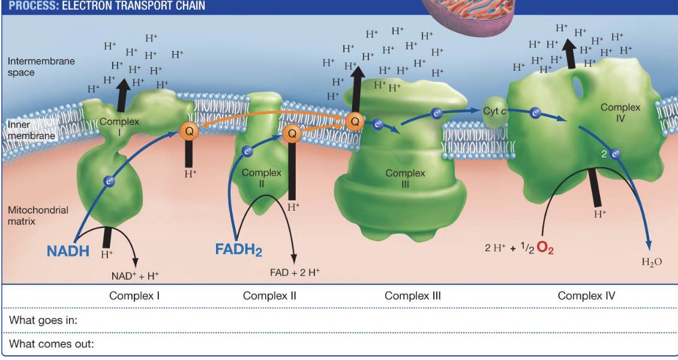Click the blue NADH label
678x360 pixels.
(x=68, y=251)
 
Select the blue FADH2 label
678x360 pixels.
(x=238, y=248)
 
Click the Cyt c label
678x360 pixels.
(x=496, y=111)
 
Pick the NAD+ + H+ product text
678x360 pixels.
(x=135, y=276)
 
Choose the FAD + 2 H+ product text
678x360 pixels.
(x=294, y=272)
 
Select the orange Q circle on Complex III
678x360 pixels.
(x=354, y=121)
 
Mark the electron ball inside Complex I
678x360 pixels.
(x=109, y=180)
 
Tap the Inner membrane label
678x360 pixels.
(x=31, y=130)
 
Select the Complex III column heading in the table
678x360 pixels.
(x=412, y=296)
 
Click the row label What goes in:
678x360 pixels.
(x=43, y=320)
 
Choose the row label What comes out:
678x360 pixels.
(x=52, y=344)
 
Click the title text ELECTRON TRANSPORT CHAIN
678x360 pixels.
(x=133, y=6)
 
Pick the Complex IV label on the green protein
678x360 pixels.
(x=620, y=113)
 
